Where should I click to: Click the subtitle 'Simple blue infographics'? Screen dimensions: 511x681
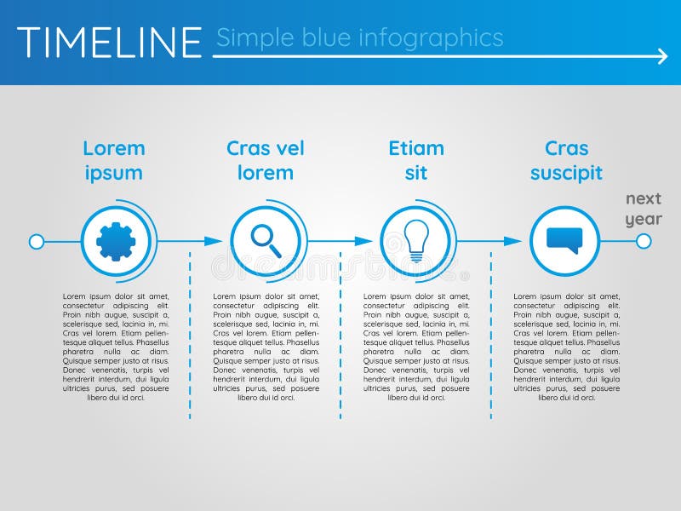(x=359, y=37)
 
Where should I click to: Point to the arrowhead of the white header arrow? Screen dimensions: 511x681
(x=662, y=57)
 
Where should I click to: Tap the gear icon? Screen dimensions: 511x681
(x=116, y=241)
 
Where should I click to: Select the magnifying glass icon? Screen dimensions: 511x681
(x=266, y=241)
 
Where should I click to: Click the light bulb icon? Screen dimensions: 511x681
(x=415, y=241)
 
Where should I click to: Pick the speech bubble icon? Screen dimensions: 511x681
(x=564, y=241)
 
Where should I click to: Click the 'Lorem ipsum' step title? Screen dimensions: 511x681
(x=114, y=160)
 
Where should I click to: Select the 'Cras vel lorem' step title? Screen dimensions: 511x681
(x=266, y=160)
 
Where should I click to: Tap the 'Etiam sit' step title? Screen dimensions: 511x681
(x=416, y=160)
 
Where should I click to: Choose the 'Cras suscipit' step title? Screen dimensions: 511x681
(x=566, y=160)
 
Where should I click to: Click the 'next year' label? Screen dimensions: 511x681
(x=644, y=209)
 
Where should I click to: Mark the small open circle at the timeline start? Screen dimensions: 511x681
(x=37, y=242)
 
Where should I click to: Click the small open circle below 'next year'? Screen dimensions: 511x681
(x=644, y=241)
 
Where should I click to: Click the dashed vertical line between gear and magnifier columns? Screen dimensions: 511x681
(x=190, y=341)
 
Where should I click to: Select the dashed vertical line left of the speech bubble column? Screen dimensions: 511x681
(x=490, y=341)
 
